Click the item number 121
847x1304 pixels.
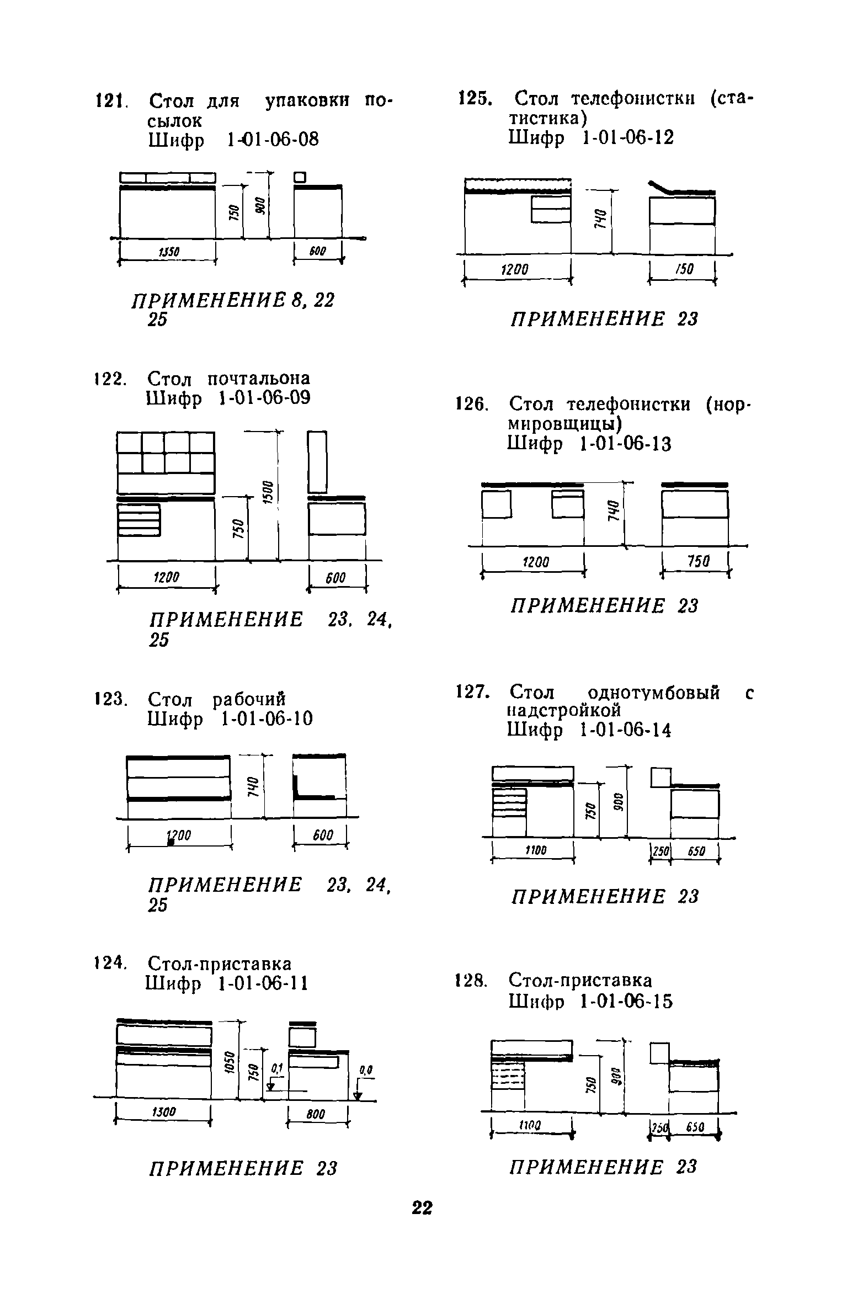tap(111, 101)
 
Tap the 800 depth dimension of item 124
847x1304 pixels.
tap(316, 1115)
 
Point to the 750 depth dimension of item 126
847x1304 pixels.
tap(698, 562)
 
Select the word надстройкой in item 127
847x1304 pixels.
tap(564, 710)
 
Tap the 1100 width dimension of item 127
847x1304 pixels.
tap(534, 850)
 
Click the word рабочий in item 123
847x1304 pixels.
tap(249, 700)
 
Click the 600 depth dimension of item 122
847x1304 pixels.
tap(335, 578)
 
